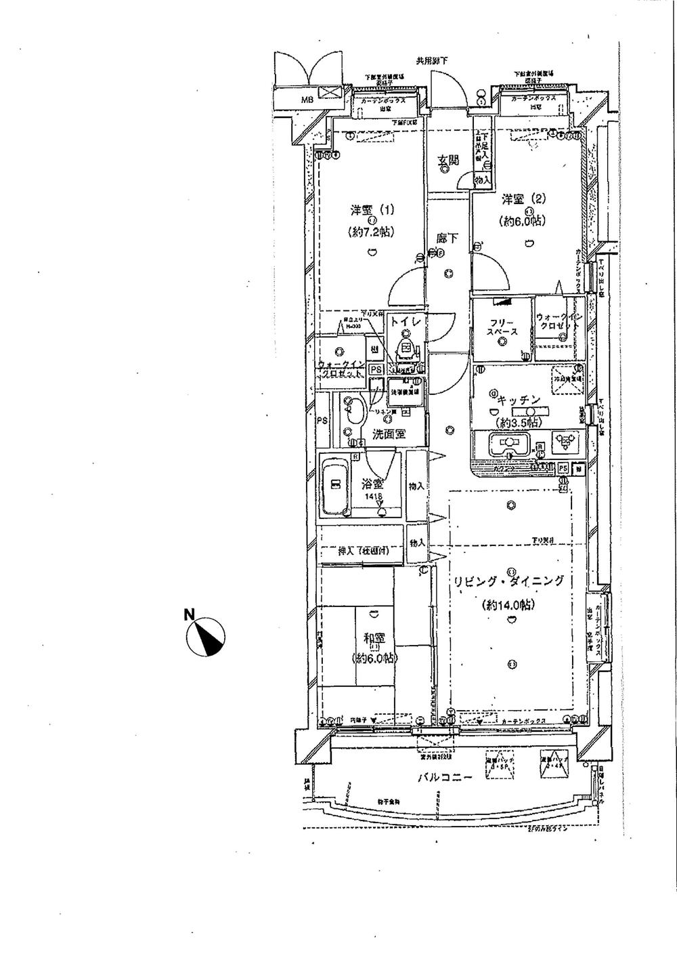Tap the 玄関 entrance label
[447, 161]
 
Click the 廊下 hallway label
[447, 238]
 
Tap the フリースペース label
[502, 327]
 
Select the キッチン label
[519, 400]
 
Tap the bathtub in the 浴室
[333, 486]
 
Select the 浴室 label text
[373, 484]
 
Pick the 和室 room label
[374, 638]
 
